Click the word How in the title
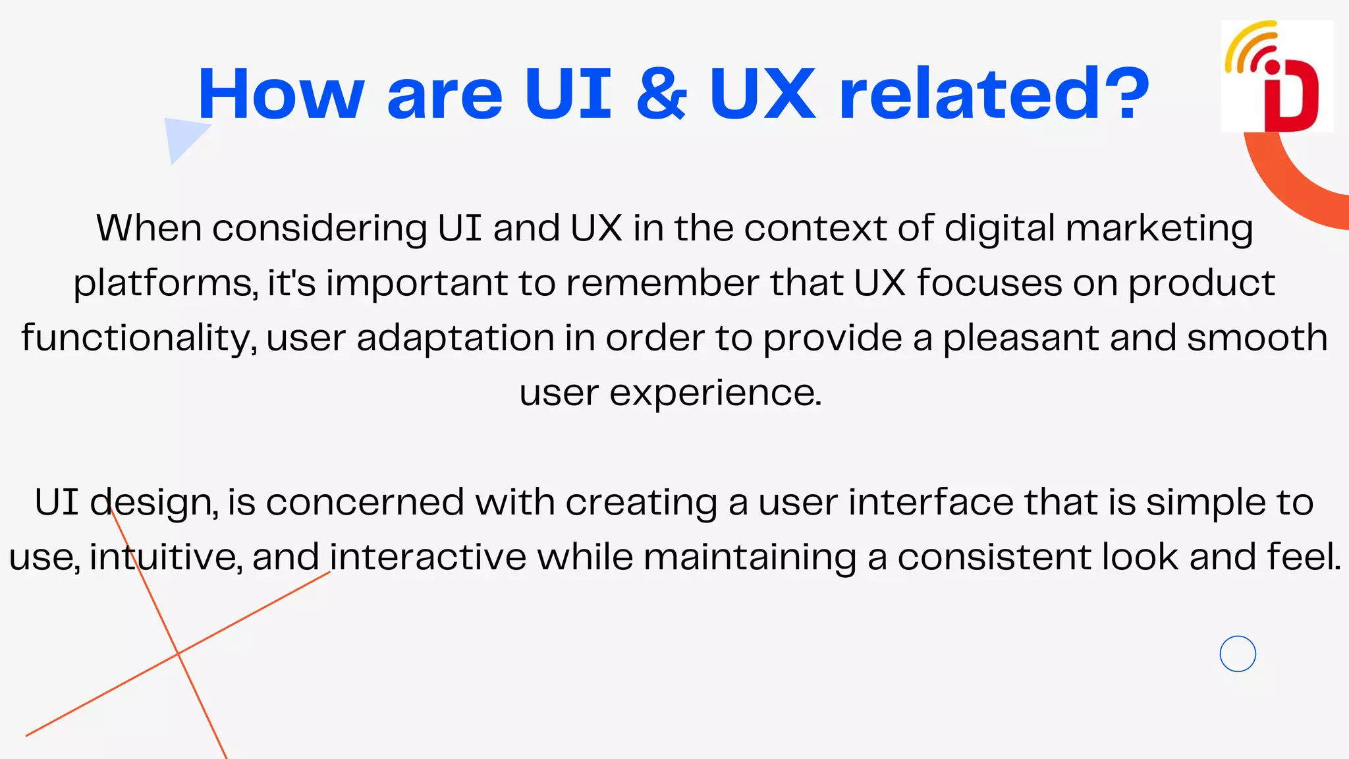point(281,94)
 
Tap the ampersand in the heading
point(661,94)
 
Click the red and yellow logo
point(1277,76)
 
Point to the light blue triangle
point(182,136)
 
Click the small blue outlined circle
point(1238,654)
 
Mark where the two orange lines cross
point(178,653)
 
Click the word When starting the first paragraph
point(149,228)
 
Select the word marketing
point(1159,229)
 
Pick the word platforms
point(164,284)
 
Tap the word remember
point(663,283)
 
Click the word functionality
point(138,339)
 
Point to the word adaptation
point(455,339)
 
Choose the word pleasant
point(1022,339)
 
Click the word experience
point(715,393)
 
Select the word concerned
point(365,502)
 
